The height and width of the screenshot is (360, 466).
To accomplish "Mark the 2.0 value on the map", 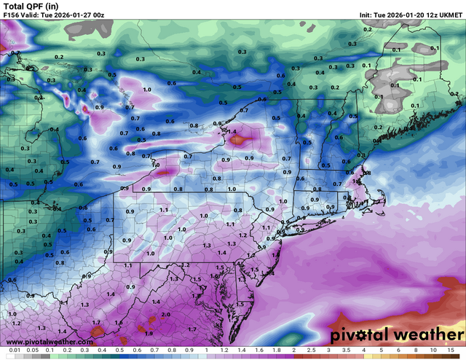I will pos(167,314).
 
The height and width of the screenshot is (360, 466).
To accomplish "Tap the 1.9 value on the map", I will pos(149,333).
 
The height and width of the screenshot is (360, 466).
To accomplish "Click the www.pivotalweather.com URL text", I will pos(48,341).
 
